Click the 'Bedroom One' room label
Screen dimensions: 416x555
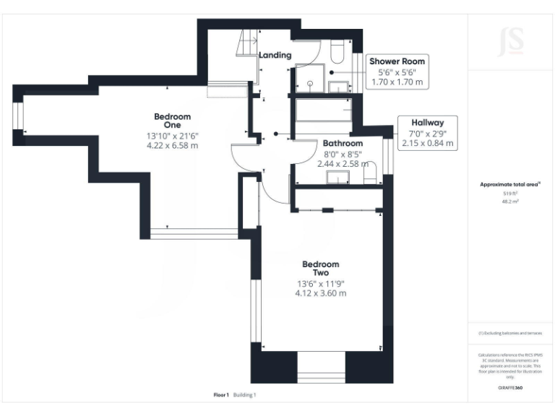(x=172, y=121)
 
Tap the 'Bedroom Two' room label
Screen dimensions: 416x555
(x=320, y=268)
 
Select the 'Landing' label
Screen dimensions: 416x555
(x=275, y=55)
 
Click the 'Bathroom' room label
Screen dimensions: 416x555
(x=343, y=143)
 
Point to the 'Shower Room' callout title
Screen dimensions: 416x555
(x=397, y=61)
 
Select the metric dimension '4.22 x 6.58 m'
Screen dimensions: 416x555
(x=172, y=145)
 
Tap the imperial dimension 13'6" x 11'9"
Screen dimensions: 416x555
(x=320, y=284)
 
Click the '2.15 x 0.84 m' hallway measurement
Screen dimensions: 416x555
(x=428, y=144)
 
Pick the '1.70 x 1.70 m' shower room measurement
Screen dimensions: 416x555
(x=397, y=83)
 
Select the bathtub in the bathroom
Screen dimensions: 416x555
(x=323, y=111)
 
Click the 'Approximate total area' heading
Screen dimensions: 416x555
(x=509, y=185)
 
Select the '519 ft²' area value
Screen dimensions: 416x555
(x=509, y=194)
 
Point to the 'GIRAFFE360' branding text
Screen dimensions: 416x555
(x=509, y=388)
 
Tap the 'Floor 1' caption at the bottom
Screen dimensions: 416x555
(x=220, y=395)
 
